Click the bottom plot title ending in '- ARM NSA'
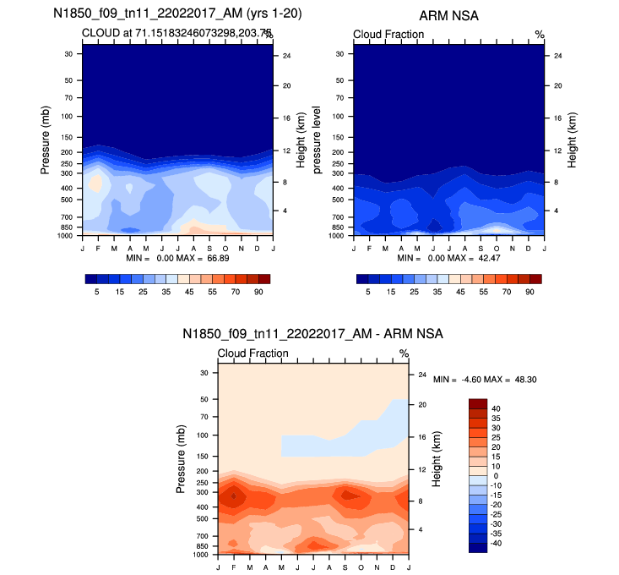312,335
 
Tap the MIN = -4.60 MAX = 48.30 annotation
486,380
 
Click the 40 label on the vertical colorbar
497,408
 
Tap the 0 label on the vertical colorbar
497,476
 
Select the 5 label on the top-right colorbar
367,291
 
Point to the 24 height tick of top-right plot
557,56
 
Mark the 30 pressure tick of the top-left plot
68,54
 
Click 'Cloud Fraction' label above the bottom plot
253,353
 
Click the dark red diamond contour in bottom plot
234,496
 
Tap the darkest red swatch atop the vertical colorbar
478,403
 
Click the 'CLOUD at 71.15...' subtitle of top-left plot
178,33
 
